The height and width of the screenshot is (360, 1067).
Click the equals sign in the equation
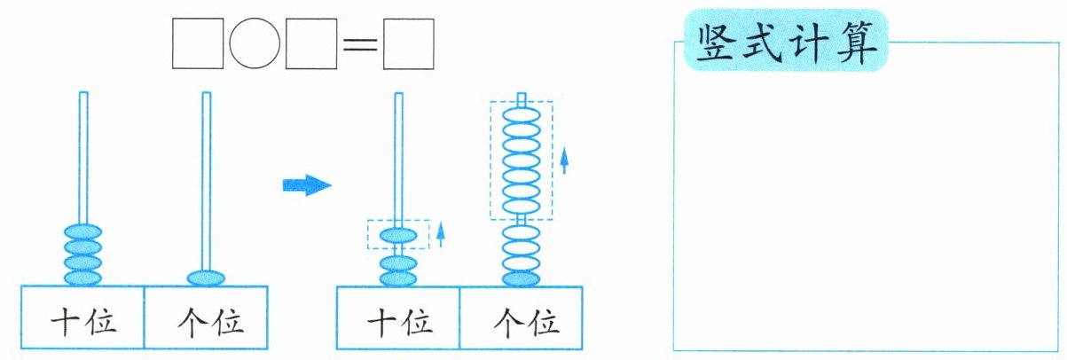coord(360,44)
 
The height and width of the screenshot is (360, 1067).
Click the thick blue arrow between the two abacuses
coord(307,185)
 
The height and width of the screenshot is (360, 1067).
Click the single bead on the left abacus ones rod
coord(206,278)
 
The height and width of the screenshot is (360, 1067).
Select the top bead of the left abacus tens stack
coord(82,232)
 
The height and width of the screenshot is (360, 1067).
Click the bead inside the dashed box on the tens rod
coord(398,235)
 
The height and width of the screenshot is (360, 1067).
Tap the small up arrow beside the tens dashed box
coord(441,234)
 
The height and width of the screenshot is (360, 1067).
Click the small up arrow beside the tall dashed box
coord(564,160)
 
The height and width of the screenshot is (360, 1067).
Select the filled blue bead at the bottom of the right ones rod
coord(522,279)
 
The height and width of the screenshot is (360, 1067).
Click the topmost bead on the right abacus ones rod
coord(522,115)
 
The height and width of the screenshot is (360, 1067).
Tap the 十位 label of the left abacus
coord(83,322)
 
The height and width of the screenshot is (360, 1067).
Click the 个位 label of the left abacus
coord(210,323)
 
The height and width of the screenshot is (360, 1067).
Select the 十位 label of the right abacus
coord(400,323)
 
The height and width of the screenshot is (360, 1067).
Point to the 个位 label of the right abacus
coord(526,323)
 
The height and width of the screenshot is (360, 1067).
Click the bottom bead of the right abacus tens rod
coord(398,278)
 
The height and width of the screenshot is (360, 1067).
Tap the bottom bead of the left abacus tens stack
coord(82,278)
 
